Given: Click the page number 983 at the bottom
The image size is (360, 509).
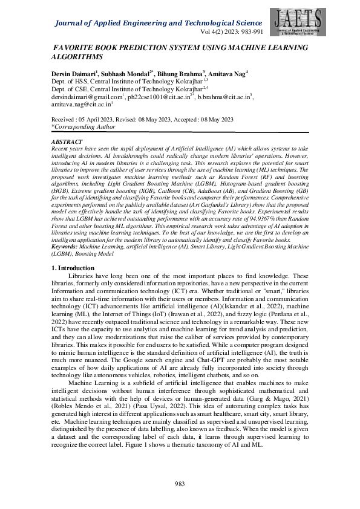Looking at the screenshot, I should pyautogui.click(x=180, y=483).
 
